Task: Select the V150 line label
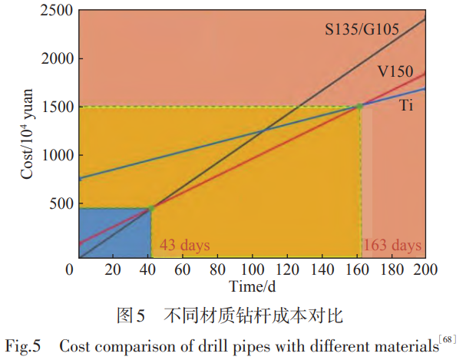pos(396,71)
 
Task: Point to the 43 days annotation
pos(184,246)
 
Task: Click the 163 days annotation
pos(392,246)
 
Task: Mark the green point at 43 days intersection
pos(151,208)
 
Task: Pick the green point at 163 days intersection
pos(360,106)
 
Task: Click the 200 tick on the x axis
pos(425,269)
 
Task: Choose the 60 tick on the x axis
pos(182,269)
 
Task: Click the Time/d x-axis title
pos(251,286)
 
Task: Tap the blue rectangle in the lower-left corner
pos(114,232)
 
